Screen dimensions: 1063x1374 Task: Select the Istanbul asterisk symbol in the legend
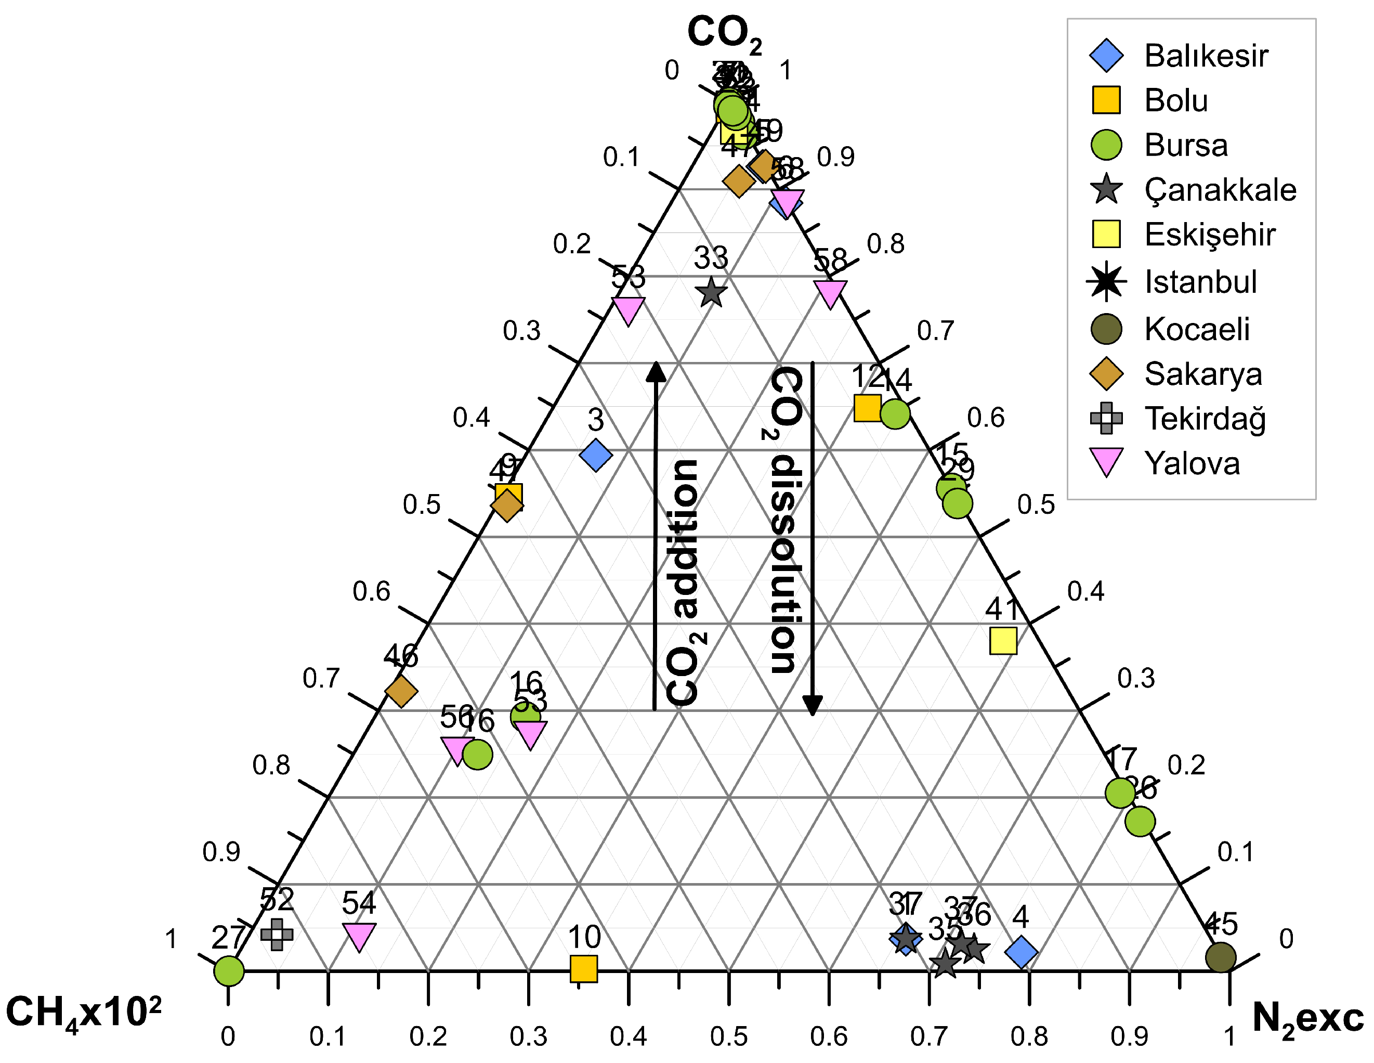click(1106, 281)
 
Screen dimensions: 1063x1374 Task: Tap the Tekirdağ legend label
click(1205, 419)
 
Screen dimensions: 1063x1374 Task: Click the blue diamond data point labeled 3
click(596, 455)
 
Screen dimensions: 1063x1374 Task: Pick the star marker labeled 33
click(712, 293)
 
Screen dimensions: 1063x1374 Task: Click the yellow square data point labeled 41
click(1003, 641)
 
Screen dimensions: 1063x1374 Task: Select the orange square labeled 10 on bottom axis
click(583, 968)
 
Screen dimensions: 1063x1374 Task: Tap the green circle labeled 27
click(229, 970)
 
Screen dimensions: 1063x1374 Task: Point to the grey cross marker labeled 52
click(277, 934)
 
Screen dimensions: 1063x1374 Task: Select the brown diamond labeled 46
click(401, 692)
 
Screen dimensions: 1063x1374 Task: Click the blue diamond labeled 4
click(1021, 952)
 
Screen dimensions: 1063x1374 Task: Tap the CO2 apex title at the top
click(724, 33)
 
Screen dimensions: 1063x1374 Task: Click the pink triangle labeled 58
click(830, 293)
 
